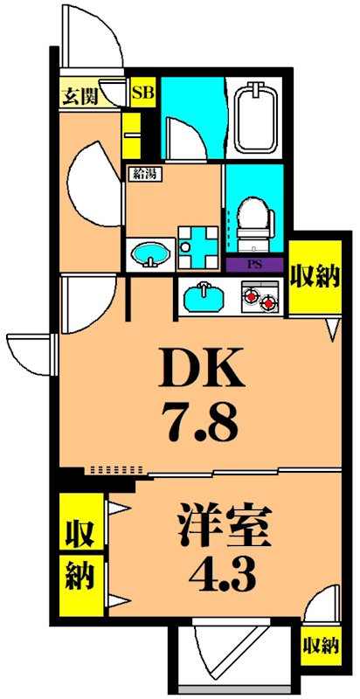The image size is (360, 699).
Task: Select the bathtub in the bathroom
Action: [255, 119]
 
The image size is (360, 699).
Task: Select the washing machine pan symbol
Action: [197, 246]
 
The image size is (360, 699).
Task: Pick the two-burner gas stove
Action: [261, 299]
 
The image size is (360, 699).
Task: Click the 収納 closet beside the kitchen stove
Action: [315, 280]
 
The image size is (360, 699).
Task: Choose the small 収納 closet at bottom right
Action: [321, 647]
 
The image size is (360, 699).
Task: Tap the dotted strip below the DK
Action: [114, 470]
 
